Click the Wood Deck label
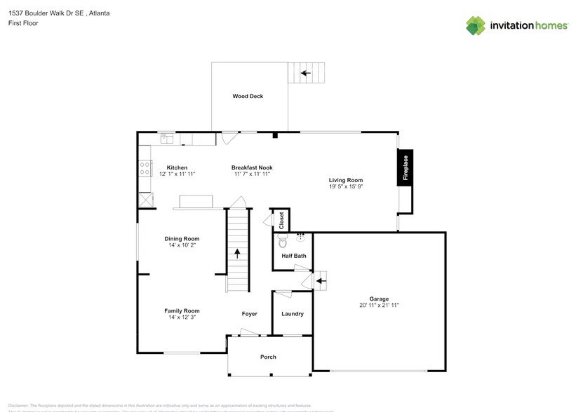coord(248,96)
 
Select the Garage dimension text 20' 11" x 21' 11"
coord(380,305)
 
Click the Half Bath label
coord(294,256)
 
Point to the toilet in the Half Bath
coord(283,242)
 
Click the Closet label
coord(282,219)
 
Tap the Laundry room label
coord(293,314)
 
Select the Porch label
coord(268,357)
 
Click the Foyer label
coord(249,314)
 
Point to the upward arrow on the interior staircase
coord(237,253)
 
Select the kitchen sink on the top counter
coord(167,139)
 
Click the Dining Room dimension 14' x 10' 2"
coord(182,245)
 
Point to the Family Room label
coord(182,310)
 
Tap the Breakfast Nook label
coord(252,167)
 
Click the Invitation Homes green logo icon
coord(476,25)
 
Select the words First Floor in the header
coord(23,23)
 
